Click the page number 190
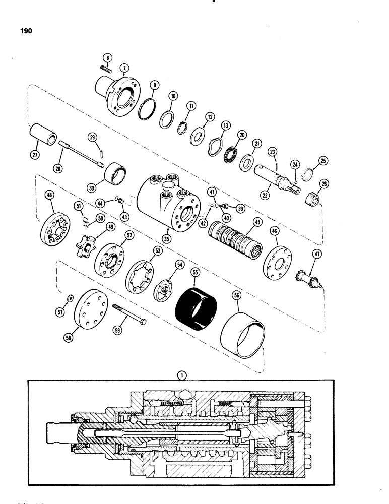pos(24,31)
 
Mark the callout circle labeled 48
pos(50,196)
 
